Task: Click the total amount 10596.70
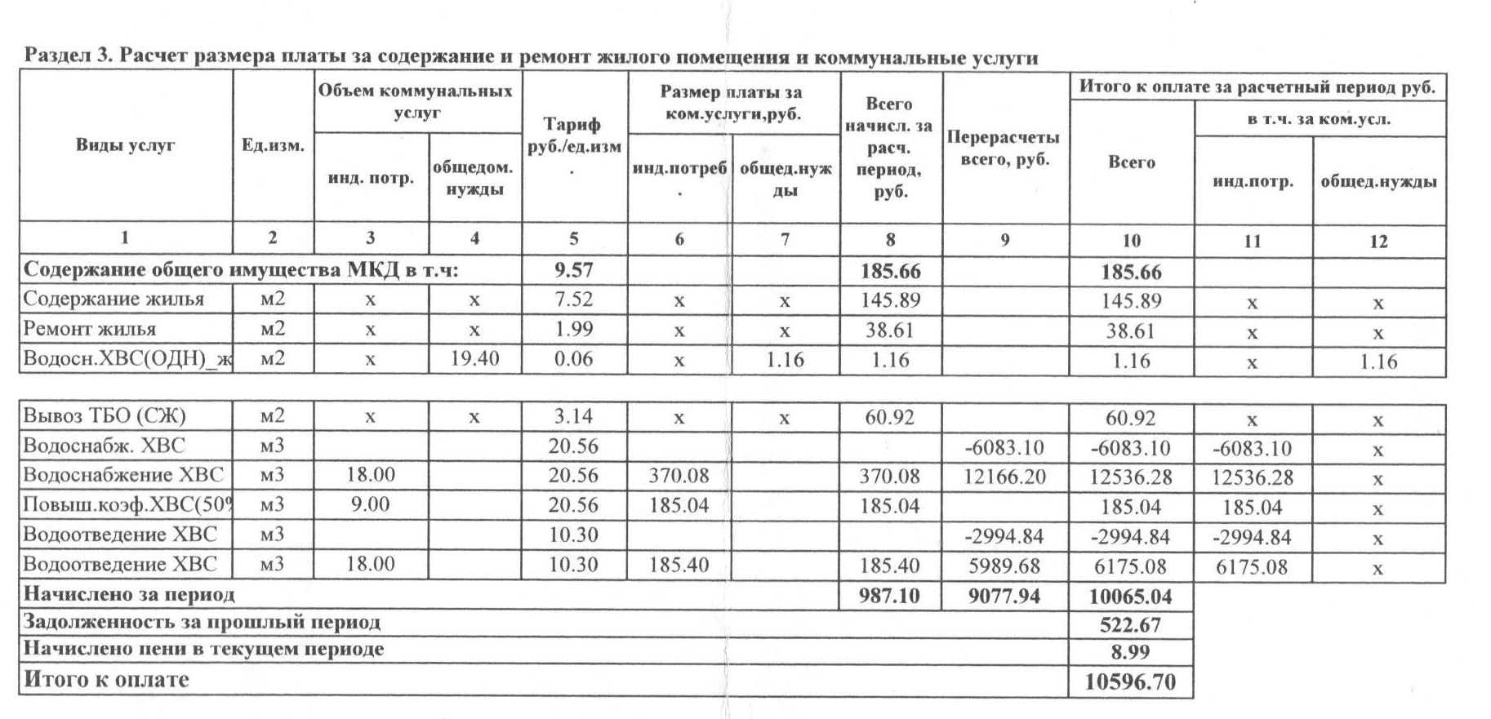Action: tap(1130, 682)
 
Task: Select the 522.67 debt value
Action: tap(1130, 625)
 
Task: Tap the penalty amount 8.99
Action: tap(1130, 652)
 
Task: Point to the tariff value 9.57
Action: tap(573, 270)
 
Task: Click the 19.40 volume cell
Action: tap(474, 358)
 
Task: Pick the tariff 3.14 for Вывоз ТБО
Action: tap(573, 416)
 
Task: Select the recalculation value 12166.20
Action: tap(1004, 477)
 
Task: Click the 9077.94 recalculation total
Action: tap(1004, 597)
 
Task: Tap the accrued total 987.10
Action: tap(889, 597)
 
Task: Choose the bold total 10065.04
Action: tap(1130, 597)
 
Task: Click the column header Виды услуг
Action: tap(126, 146)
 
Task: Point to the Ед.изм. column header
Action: tap(273, 146)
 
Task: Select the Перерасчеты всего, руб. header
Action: tap(1004, 148)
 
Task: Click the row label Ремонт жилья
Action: tap(90, 330)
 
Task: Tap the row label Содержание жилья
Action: tap(113, 299)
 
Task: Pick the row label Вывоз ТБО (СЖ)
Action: tap(105, 417)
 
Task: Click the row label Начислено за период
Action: tap(129, 595)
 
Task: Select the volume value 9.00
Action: tap(370, 505)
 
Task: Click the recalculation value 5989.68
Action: tap(1004, 566)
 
